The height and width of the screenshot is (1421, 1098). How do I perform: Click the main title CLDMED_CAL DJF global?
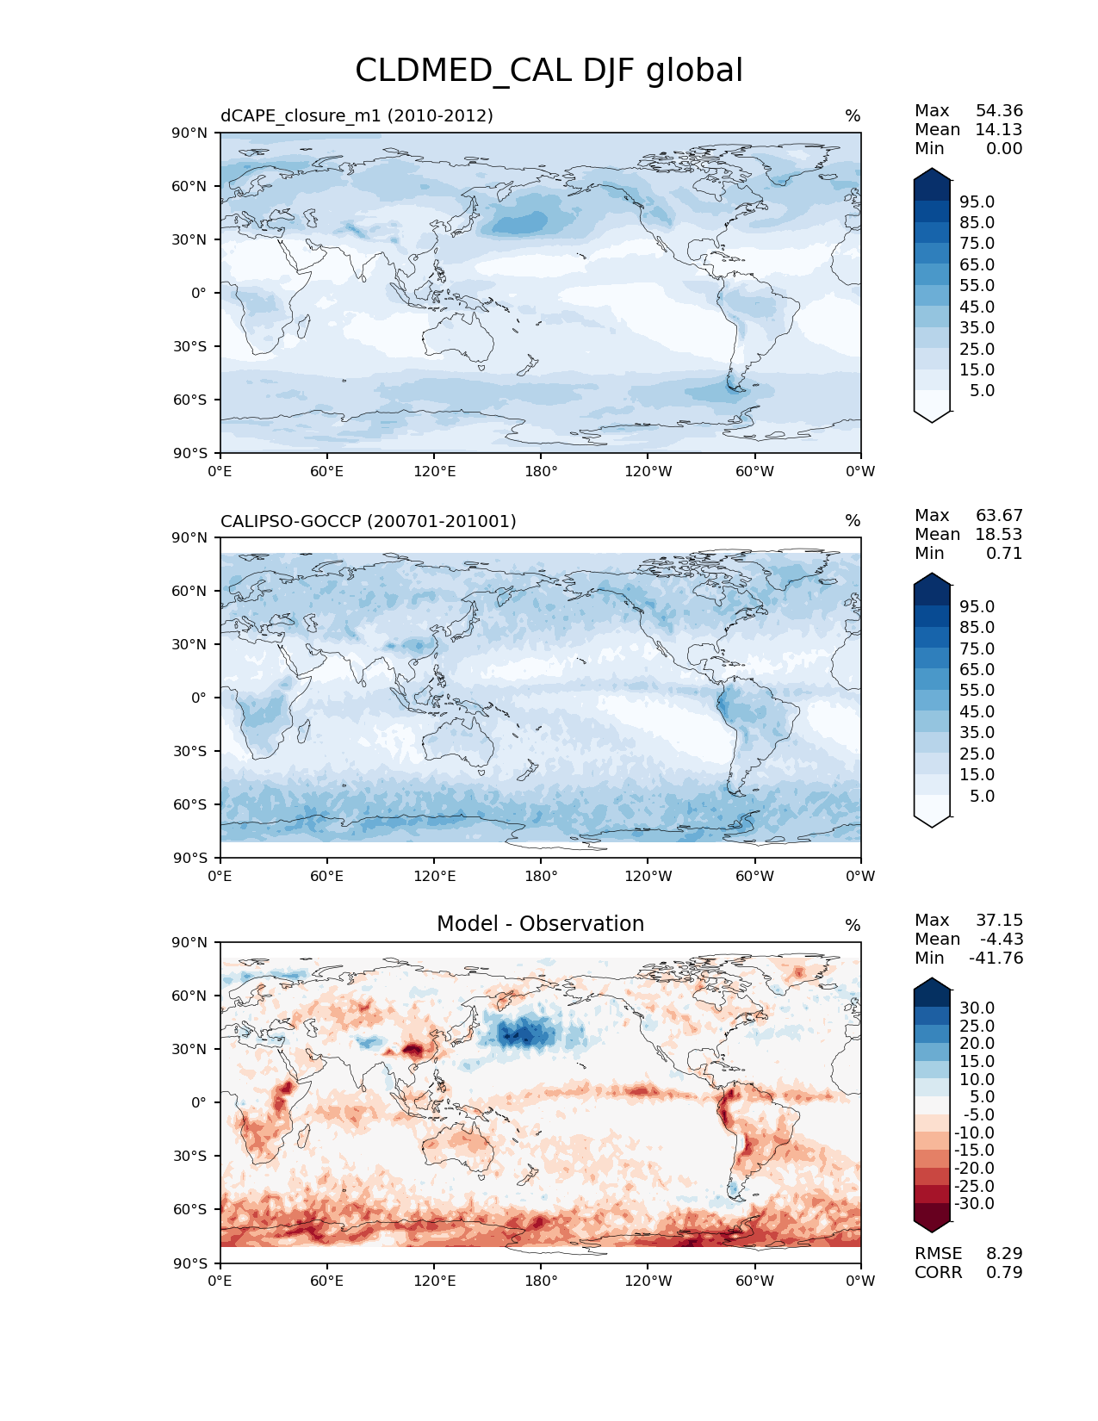point(549,71)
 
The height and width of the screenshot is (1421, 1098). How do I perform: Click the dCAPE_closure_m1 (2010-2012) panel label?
point(357,115)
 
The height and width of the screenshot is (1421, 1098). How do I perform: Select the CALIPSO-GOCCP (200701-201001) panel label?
point(368,521)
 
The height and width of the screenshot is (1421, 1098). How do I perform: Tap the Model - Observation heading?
point(540,924)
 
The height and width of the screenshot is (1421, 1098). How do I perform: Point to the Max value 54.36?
point(999,111)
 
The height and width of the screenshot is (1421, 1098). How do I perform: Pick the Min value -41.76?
point(996,959)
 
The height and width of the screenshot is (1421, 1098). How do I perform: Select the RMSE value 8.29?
point(1004,1254)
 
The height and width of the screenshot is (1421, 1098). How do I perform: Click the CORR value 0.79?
point(1004,1273)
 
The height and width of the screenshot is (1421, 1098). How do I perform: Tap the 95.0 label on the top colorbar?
point(977,202)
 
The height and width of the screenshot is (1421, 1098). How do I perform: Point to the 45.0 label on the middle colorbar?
point(977,712)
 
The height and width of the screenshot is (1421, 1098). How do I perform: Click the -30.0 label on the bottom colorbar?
point(974,1204)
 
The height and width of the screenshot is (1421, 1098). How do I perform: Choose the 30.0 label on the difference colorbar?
point(977,1008)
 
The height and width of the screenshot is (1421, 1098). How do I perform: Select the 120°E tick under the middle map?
point(434,877)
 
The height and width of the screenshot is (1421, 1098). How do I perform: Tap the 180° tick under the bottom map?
point(541,1281)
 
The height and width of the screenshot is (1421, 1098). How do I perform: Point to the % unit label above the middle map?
point(853,521)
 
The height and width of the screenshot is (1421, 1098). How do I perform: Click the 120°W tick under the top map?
point(648,472)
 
